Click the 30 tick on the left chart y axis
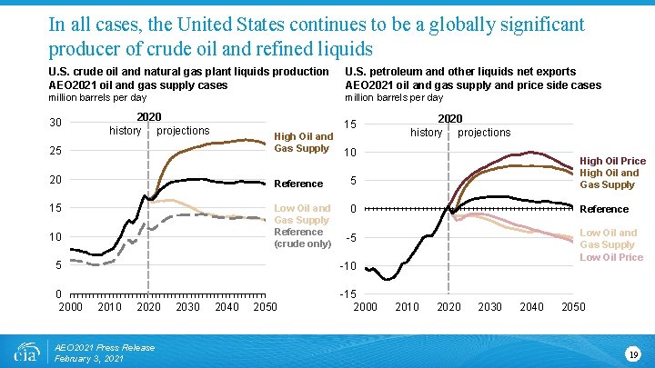click(55, 123)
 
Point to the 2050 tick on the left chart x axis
click(265, 307)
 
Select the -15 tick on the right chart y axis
click(347, 295)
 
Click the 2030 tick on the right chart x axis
click(490, 307)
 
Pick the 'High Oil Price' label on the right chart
click(612, 161)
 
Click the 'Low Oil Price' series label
click(611, 257)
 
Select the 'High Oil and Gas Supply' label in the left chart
click(303, 143)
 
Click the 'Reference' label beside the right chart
click(603, 209)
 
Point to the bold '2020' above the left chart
click(148, 117)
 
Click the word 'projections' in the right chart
click(484, 133)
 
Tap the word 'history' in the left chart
click(126, 131)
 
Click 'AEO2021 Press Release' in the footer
click(105, 347)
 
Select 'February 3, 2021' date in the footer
click(90, 359)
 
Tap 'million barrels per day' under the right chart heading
click(394, 97)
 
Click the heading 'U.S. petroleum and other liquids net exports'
click(459, 71)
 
